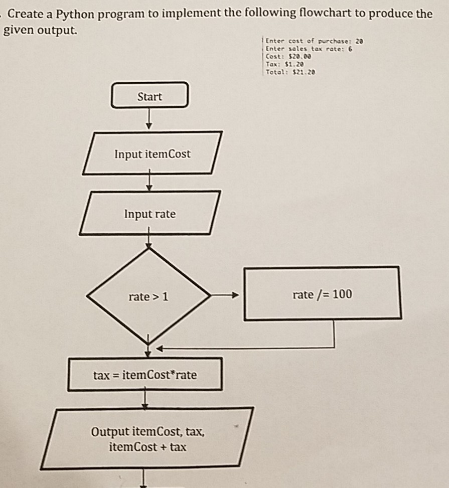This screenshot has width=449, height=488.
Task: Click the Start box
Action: point(149,96)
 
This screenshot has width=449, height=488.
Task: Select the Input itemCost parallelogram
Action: point(152,153)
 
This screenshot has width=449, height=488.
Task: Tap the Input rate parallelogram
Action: point(150,214)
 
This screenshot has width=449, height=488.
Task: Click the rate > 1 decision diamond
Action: point(148,297)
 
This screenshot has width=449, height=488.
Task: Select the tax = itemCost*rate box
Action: point(145,374)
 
